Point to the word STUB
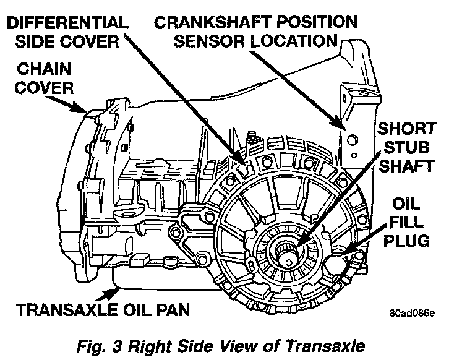pos(408,147)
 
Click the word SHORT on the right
pos(406,129)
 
